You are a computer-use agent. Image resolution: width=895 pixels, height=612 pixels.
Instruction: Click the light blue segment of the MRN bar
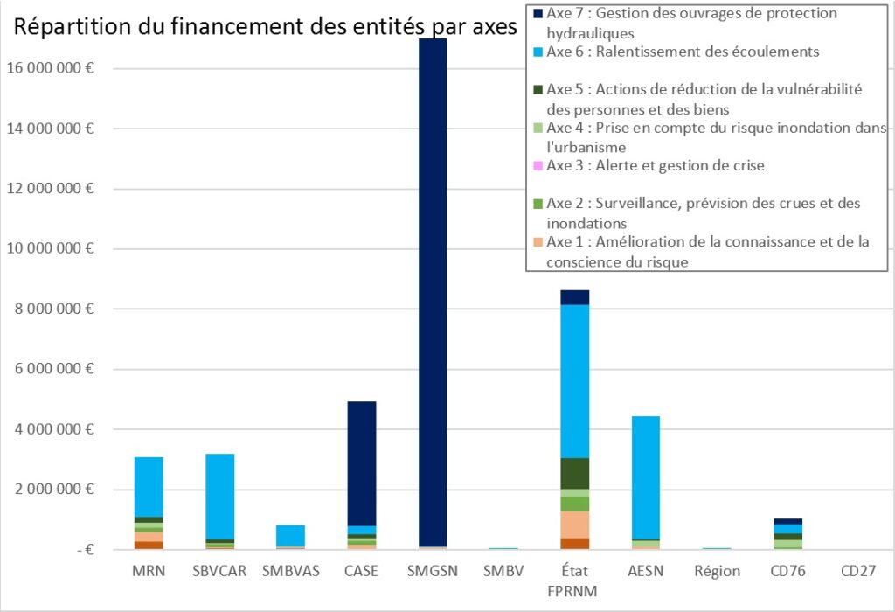[149, 486]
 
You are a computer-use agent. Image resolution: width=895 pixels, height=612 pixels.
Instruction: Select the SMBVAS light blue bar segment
[290, 535]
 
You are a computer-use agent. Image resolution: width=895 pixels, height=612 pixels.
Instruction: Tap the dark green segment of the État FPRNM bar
[575, 473]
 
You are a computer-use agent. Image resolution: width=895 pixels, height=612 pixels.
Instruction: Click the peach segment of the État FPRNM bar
[575, 525]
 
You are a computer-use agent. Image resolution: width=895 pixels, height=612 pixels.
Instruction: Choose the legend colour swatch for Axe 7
[538, 14]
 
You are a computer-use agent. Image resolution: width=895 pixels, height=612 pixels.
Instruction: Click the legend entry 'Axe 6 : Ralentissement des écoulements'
[683, 52]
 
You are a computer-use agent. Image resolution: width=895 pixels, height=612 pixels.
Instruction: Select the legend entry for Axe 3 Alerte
[656, 165]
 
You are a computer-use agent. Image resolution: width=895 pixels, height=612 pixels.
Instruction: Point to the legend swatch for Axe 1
[538, 242]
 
